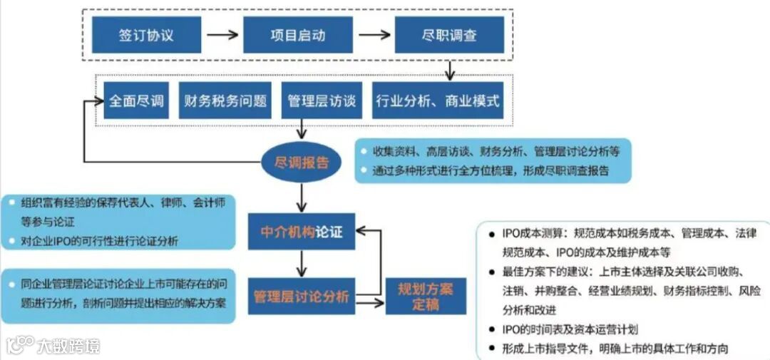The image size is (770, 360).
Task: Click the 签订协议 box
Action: coord(146,35)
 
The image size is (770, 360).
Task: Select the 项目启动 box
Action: coord(298,35)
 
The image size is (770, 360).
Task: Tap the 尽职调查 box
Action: coord(449,35)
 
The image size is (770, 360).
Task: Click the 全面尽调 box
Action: coord(135,101)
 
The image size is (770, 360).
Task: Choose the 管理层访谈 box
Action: coord(322,101)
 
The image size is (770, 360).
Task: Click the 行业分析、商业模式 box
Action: coord(438,101)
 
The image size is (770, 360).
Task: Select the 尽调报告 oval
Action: coord(302,163)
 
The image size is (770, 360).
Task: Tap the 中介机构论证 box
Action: coord(302,232)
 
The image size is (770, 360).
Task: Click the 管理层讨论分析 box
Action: coord(302,296)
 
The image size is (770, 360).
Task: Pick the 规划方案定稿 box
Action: coord(426,296)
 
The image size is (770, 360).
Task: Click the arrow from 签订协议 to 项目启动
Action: coord(222,35)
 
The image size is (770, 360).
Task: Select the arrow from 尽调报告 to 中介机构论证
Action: coord(303,195)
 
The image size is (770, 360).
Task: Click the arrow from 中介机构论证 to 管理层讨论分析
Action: coord(303,264)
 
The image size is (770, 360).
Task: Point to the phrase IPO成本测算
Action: coord(534,234)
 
